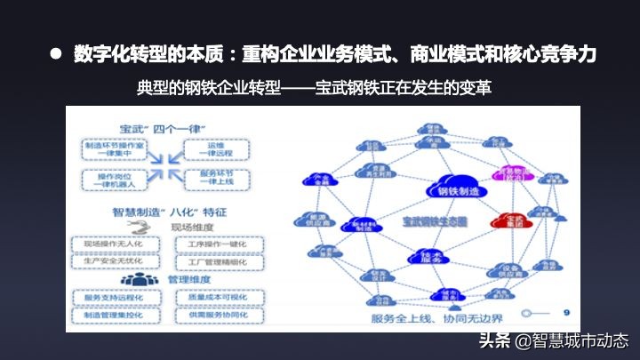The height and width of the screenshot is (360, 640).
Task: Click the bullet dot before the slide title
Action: point(55,53)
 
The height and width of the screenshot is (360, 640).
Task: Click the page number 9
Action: point(566,312)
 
